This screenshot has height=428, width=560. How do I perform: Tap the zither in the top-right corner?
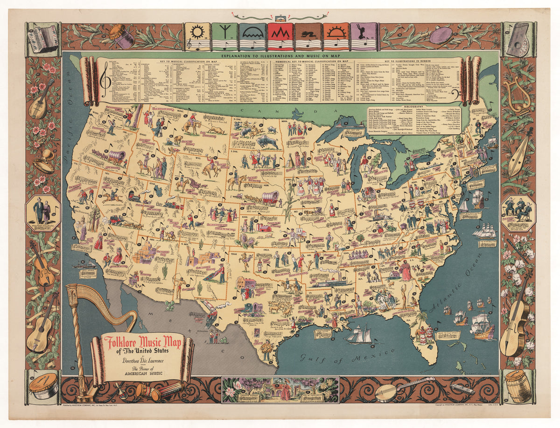click(518, 39)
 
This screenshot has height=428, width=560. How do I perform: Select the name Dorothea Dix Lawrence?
click(141, 359)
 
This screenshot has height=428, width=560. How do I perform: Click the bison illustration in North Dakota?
click(267, 142)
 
